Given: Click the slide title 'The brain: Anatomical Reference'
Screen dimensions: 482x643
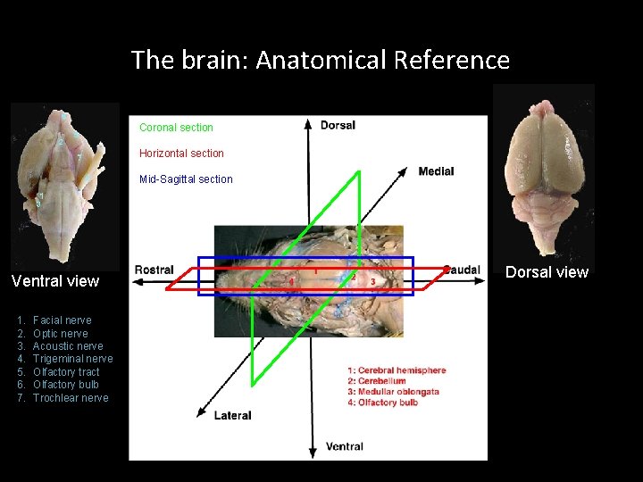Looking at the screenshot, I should click(x=321, y=61).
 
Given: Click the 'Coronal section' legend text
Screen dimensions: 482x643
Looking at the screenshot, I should click(x=176, y=128).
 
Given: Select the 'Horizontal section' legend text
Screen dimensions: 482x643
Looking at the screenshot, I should click(x=181, y=154).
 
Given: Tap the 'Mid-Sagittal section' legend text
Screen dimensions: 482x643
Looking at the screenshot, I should click(x=186, y=179).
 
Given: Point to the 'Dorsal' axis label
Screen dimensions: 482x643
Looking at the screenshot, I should click(x=338, y=125).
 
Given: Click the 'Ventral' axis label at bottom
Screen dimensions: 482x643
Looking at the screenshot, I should click(x=344, y=446).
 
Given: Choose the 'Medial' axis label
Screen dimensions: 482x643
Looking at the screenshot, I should click(x=436, y=171).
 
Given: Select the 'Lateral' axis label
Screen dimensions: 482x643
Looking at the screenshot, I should click(x=232, y=415).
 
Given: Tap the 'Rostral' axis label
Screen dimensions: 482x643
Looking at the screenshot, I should click(x=154, y=270).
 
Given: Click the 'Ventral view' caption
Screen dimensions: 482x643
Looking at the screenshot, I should click(x=55, y=281).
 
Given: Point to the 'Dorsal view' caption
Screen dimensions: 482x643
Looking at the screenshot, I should click(x=547, y=272).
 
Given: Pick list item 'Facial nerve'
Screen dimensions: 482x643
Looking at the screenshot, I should click(x=62, y=320).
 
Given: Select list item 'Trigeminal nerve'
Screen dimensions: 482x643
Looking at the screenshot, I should click(x=72, y=359).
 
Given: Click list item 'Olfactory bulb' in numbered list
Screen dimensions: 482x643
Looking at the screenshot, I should click(x=65, y=385).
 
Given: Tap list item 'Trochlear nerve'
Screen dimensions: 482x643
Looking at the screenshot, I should click(x=70, y=398).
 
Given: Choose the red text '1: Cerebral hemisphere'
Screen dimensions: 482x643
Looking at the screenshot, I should click(x=397, y=370).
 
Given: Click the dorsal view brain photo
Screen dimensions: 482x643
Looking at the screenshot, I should click(x=543, y=170).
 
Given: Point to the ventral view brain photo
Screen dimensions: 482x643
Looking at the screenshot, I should click(x=64, y=186).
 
